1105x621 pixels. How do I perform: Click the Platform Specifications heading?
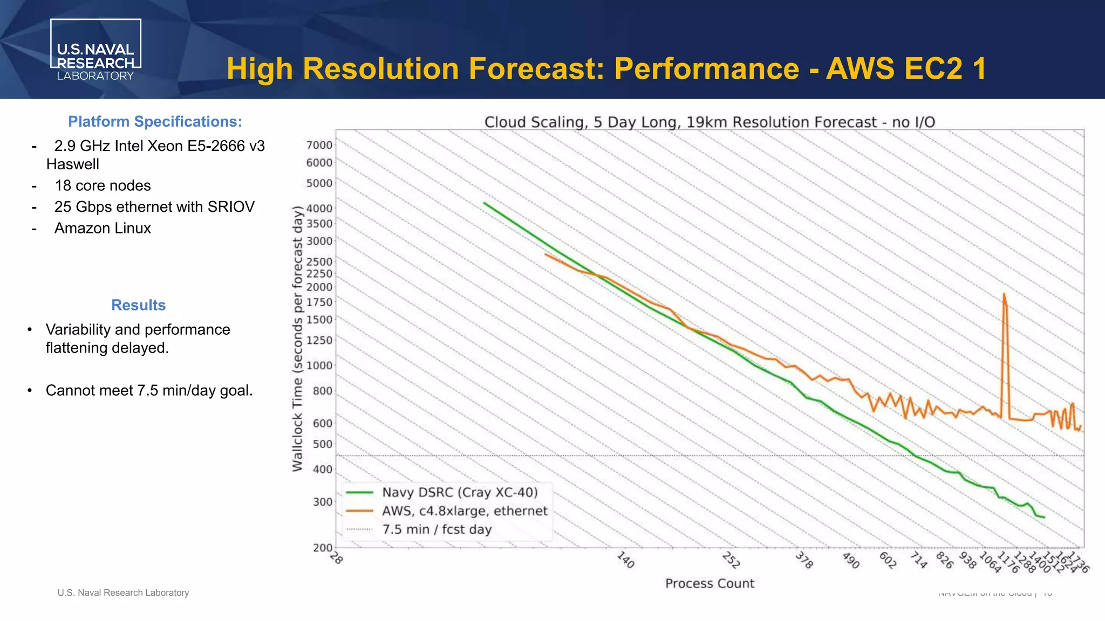(155, 122)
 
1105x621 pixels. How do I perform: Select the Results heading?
(138, 305)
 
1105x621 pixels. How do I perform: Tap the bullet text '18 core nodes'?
(103, 185)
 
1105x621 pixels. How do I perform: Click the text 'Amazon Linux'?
(103, 228)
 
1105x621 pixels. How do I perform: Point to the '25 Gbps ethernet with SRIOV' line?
(154, 207)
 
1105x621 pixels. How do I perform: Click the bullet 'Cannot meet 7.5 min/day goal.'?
(149, 390)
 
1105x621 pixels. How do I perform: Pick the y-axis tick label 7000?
(319, 145)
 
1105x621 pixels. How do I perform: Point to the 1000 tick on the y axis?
(319, 365)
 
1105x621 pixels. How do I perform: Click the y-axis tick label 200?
(323, 548)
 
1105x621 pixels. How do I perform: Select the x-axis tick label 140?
(625, 560)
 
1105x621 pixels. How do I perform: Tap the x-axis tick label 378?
(804, 561)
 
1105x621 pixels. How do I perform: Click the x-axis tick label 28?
(336, 558)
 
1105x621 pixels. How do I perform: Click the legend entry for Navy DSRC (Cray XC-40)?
(460, 493)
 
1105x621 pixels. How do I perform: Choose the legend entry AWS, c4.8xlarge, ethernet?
(465, 511)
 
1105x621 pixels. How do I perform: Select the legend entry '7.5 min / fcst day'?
(437, 529)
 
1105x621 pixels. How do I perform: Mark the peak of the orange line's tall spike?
(1004, 294)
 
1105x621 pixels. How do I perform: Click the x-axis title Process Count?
(710, 583)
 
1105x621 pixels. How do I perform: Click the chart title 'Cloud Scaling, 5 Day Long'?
(710, 122)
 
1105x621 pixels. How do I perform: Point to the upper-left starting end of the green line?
(485, 203)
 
